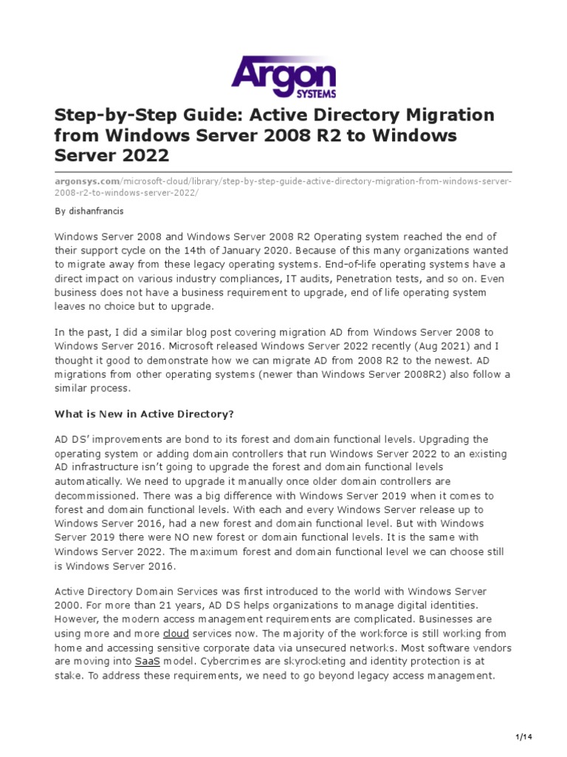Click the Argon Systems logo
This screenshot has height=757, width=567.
(283, 76)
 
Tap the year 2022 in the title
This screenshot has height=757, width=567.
(143, 156)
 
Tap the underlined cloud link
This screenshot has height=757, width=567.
(176, 634)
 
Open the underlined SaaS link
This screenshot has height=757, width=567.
(148, 662)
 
